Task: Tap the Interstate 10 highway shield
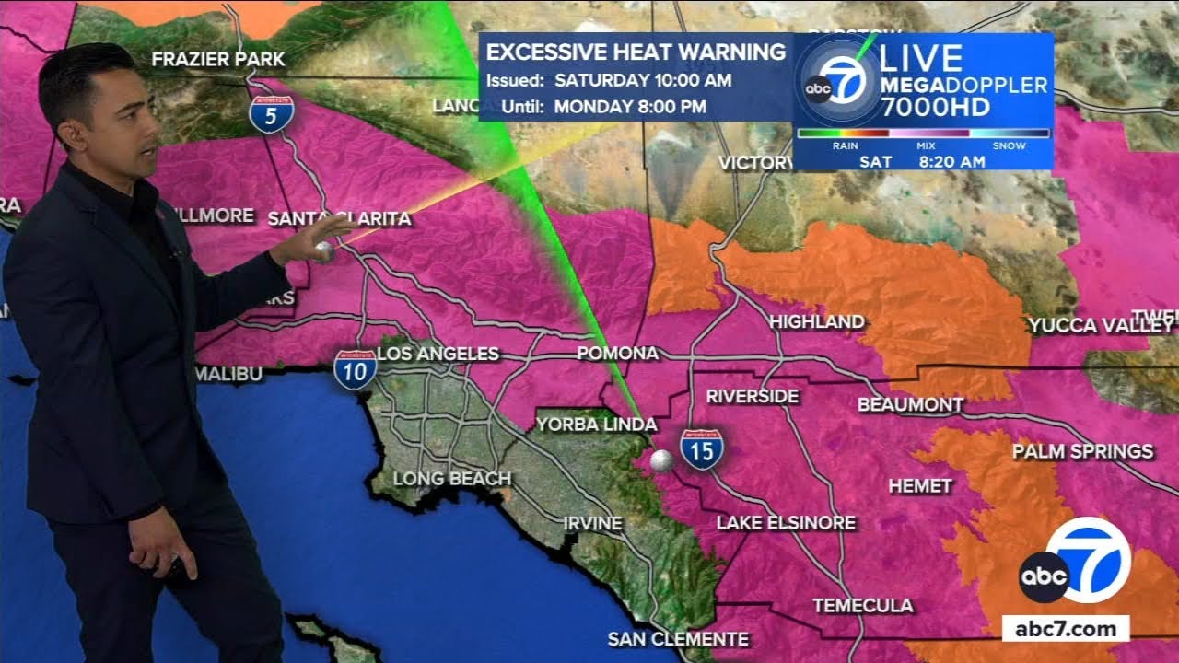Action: point(355,367)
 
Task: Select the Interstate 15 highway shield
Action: point(702,449)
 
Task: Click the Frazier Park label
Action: point(218,60)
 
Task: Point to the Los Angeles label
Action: point(438,354)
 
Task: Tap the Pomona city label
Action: point(617,354)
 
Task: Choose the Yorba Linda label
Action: point(597,425)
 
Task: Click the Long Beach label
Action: point(451,479)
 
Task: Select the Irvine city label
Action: point(592,523)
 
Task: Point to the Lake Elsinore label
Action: point(786,523)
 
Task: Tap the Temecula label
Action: point(863,605)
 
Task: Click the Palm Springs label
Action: point(1082,451)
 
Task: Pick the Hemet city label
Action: point(920,486)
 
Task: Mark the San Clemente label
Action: point(678,639)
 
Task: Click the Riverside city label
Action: point(753,397)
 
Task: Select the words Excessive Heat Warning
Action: point(636,52)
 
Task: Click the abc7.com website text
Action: point(1066,630)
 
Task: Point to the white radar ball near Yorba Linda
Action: point(660,461)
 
